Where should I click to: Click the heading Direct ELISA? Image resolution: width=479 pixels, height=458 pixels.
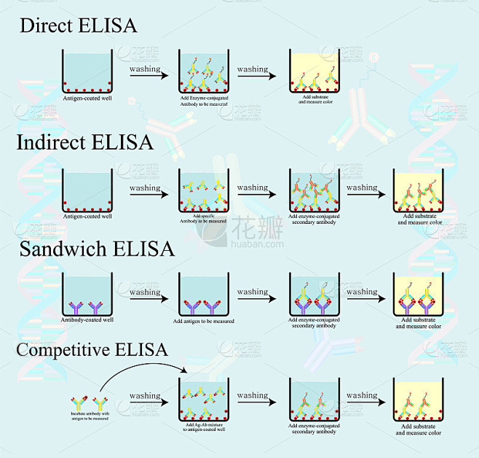pyautogui.click(x=78, y=26)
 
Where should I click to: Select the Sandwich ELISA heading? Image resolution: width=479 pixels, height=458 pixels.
pyautogui.click(x=96, y=249)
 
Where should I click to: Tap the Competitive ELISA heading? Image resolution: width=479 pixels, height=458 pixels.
pyautogui.click(x=92, y=349)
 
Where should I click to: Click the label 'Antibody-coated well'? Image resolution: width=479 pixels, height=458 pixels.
pyautogui.click(x=87, y=319)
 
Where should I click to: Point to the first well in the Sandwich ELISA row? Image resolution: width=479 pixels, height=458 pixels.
pyautogui.click(x=87, y=295)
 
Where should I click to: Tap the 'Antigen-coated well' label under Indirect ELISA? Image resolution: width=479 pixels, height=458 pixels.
pyautogui.click(x=87, y=216)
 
